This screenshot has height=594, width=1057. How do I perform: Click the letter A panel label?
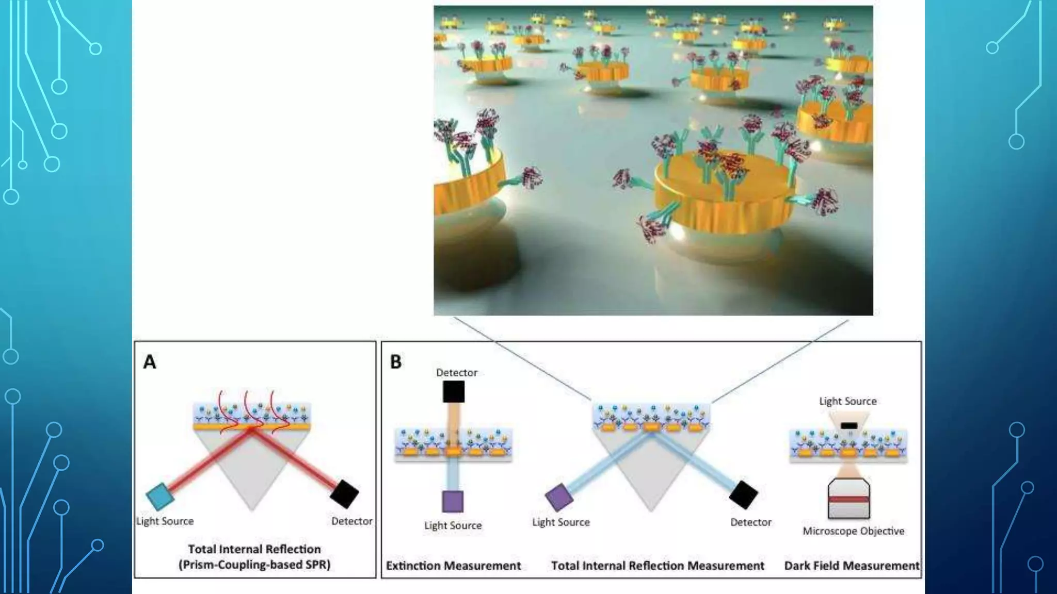[150, 362]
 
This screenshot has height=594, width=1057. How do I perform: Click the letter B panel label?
[396, 362]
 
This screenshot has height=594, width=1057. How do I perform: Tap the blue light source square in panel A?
[159, 496]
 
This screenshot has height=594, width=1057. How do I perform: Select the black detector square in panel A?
[344, 494]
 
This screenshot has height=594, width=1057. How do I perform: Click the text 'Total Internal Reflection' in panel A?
[254, 549]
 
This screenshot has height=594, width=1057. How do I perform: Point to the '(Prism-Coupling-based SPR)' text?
[254, 565]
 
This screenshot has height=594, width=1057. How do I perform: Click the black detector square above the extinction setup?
[454, 392]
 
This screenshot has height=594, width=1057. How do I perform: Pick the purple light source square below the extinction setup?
[453, 501]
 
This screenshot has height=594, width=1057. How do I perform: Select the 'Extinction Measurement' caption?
[453, 566]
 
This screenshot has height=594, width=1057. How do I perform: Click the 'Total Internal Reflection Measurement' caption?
[658, 566]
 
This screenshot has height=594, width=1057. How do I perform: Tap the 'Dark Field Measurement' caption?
[852, 566]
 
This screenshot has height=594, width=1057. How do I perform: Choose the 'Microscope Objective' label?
[853, 531]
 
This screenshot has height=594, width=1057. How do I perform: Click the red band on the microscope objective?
[849, 499]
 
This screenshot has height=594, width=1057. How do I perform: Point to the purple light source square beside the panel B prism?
[559, 498]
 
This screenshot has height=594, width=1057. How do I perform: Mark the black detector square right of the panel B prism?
[743, 495]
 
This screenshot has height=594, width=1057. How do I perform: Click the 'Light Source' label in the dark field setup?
[848, 401]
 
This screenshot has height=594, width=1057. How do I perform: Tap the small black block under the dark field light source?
[849, 425]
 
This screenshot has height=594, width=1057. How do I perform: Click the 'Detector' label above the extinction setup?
[457, 372]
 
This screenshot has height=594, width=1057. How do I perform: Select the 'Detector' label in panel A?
[352, 521]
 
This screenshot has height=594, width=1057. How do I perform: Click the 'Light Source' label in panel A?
[165, 521]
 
